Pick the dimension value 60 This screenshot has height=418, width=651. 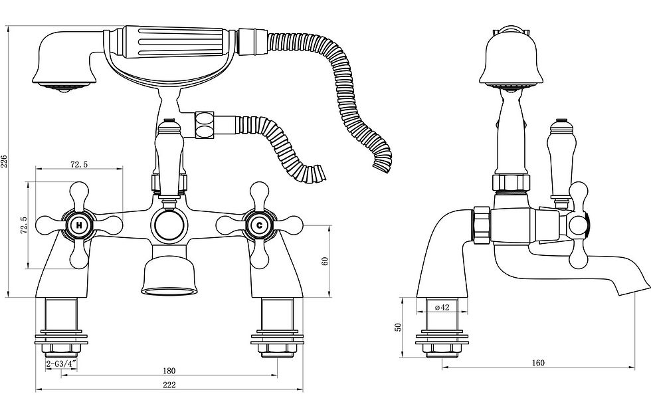coord(325,261)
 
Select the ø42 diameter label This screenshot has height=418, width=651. coord(442,307)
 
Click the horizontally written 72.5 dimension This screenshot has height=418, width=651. coord(79,164)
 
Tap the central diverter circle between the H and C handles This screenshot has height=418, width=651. coord(169,226)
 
